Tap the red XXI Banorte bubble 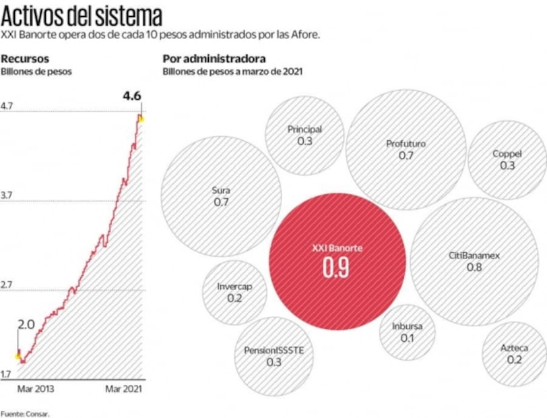[337, 261]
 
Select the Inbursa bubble [407, 332]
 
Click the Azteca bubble [514, 354]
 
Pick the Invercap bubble [234, 291]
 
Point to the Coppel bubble [507, 160]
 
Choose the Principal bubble [304, 135]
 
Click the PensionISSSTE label [274, 351]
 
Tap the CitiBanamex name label [474, 256]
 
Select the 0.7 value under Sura [221, 202]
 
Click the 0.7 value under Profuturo [406, 156]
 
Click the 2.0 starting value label [26, 324]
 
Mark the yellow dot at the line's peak [140, 119]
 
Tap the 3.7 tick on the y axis [7, 196]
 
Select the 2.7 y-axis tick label [7, 285]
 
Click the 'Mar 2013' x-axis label [36, 389]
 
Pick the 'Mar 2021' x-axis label [124, 389]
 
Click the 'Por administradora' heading [214, 59]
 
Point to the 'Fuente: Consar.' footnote [25, 413]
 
